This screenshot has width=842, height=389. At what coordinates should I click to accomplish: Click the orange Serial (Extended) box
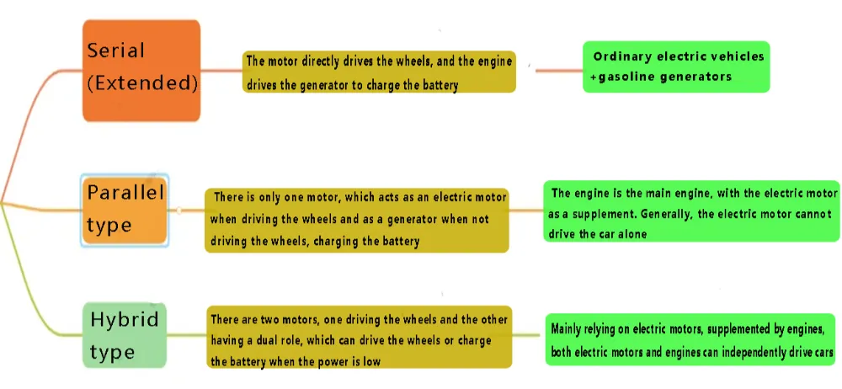click(x=141, y=72)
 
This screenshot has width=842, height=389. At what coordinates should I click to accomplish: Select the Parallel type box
click(x=125, y=210)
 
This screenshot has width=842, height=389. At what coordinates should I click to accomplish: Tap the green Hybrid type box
click(x=125, y=336)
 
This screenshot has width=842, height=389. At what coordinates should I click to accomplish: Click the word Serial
click(x=115, y=51)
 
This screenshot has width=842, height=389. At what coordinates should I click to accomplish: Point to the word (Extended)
click(x=142, y=83)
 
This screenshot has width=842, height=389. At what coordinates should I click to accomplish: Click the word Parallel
click(x=125, y=193)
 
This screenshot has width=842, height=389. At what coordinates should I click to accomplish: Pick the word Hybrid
click(x=125, y=319)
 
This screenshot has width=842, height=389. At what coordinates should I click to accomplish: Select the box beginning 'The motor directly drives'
click(x=379, y=72)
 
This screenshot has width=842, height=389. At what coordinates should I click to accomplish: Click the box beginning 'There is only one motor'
click(x=357, y=219)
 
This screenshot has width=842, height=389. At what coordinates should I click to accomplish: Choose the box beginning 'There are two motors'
click(x=359, y=336)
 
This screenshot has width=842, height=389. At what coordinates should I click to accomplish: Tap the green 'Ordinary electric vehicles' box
click(x=676, y=67)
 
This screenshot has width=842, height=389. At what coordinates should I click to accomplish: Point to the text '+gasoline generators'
click(x=661, y=77)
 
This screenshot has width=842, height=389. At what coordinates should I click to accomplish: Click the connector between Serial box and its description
click(x=221, y=70)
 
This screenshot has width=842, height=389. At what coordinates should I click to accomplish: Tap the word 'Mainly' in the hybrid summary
click(x=570, y=329)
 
